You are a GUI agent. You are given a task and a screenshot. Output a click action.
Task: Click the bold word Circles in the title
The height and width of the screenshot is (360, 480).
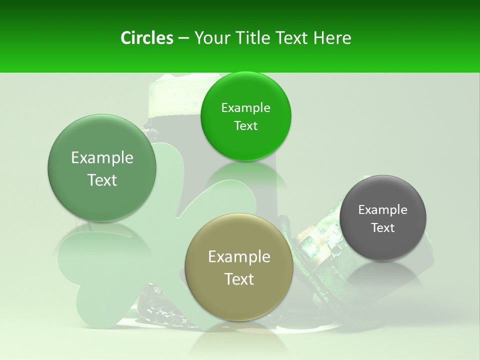(x=146, y=38)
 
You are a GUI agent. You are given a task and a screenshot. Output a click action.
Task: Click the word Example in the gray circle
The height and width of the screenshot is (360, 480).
(x=382, y=210)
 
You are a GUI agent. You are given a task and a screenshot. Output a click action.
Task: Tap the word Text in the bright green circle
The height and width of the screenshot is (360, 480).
(x=245, y=126)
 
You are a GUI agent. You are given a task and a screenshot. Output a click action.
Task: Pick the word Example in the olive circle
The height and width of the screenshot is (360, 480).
(x=239, y=257)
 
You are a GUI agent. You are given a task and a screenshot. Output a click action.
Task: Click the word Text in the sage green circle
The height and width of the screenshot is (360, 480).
(x=102, y=180)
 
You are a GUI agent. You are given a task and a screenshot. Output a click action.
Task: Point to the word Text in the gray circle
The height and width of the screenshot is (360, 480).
(x=382, y=228)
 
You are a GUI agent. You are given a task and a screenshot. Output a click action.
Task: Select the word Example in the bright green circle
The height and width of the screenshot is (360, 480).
(x=245, y=108)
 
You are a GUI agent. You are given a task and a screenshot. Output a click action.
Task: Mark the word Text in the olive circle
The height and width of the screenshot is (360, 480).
(x=239, y=279)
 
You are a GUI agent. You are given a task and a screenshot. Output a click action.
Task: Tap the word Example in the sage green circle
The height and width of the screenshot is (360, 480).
(x=102, y=158)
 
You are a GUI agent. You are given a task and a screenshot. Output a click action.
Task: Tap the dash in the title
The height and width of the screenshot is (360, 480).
(x=183, y=38)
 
